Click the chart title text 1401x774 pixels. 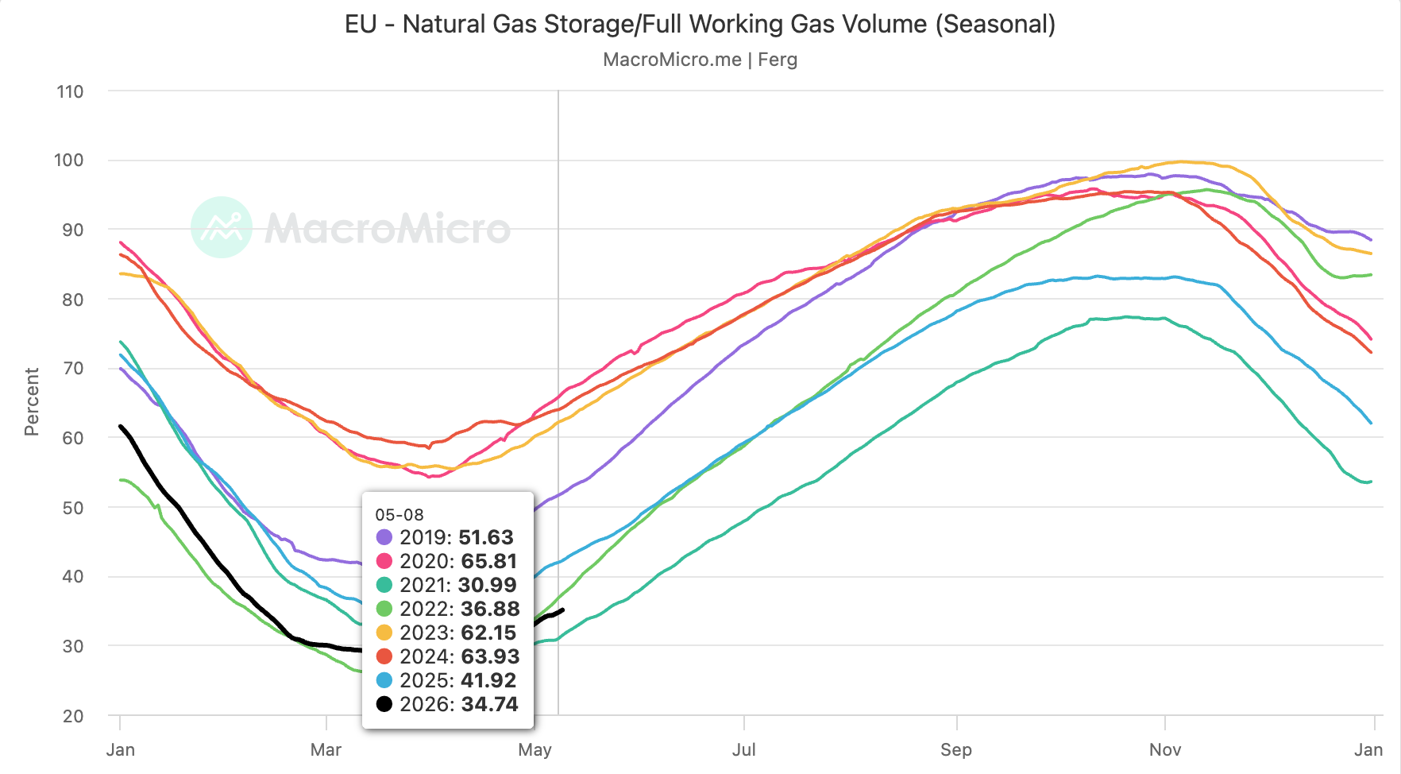[700, 24]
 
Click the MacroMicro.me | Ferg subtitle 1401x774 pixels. [700, 60]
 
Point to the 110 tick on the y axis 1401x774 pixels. [70, 91]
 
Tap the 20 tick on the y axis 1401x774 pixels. [73, 716]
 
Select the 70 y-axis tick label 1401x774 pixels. [73, 368]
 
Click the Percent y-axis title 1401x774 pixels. [32, 402]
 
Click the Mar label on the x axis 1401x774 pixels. [326, 749]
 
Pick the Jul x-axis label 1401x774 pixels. [743, 749]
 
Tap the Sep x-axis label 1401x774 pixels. [956, 749]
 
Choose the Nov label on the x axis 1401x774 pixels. [1165, 749]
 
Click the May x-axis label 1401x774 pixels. [535, 749]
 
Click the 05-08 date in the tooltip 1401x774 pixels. [399, 515]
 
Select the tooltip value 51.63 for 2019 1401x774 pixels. [486, 537]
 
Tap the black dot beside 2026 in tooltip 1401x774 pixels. [384, 704]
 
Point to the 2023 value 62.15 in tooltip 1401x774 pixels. [488, 633]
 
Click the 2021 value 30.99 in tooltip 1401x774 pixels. [488, 585]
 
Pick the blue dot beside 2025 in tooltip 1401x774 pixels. [384, 680]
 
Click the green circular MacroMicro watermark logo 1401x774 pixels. [222, 227]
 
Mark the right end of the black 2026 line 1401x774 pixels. [563, 610]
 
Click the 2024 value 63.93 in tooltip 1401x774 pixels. [490, 656]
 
